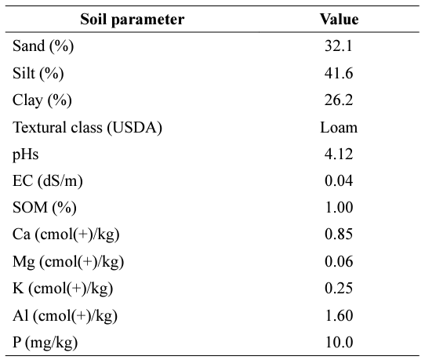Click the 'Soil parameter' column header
[133, 20]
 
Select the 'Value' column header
[339, 20]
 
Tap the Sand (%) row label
[43, 45]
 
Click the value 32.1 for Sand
[339, 45]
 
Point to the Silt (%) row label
[38, 73]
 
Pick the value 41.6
[339, 73]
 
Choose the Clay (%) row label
[42, 100]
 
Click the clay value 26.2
[339, 100]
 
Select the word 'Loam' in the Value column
[339, 127]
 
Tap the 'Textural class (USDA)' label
[87, 127]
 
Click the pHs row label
[25, 155]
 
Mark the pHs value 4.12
[339, 154]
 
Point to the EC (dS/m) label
[48, 181]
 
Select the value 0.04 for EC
[339, 181]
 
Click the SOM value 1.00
[339, 207]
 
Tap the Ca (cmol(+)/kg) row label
[66, 235]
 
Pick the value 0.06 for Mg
[339, 261]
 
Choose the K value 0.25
[339, 288]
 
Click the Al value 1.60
[339, 315]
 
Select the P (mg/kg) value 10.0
[339, 342]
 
